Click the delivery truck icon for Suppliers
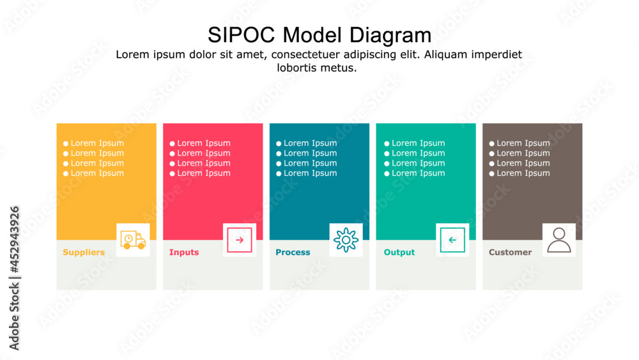(x=133, y=240)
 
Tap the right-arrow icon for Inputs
(x=240, y=240)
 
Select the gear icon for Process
(x=346, y=240)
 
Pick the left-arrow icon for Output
(x=452, y=240)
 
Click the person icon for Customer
(x=559, y=240)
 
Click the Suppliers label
(x=84, y=253)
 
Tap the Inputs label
(x=184, y=253)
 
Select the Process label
(x=293, y=253)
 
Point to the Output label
(x=399, y=253)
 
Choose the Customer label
(x=510, y=253)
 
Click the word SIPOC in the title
(x=242, y=35)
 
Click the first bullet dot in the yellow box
(x=66, y=144)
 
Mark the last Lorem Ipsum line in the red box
(x=203, y=173)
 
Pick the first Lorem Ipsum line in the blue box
(x=310, y=143)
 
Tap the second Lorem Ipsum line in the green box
(x=418, y=153)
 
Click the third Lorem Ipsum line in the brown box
(x=523, y=163)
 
